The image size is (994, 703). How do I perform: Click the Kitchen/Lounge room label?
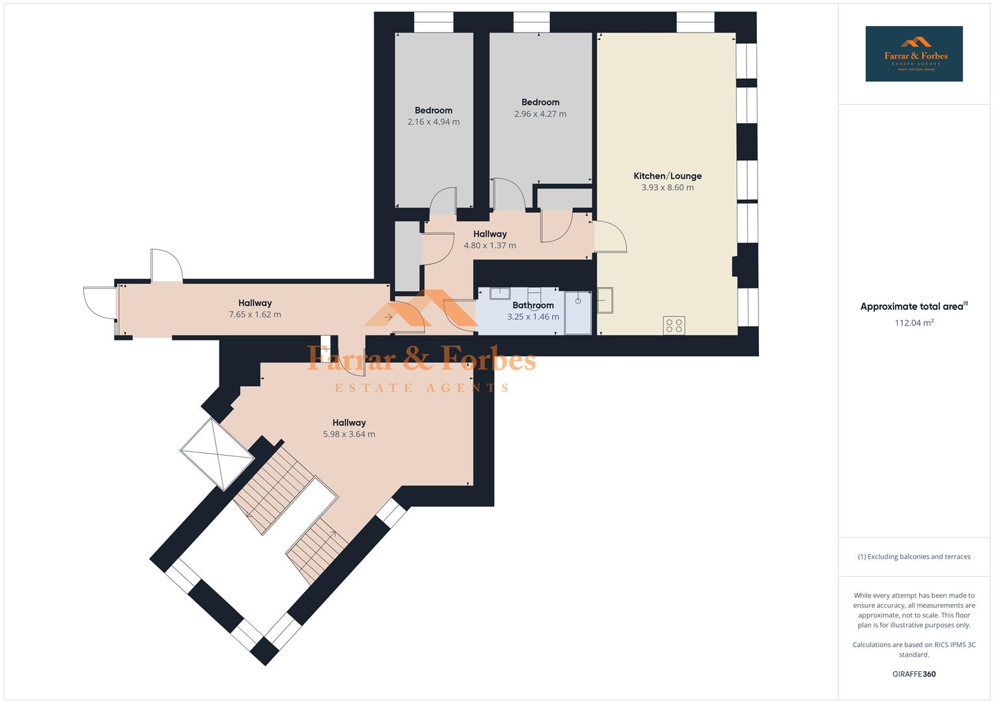pyautogui.click(x=667, y=176)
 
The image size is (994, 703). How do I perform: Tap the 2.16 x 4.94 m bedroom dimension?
pyautogui.click(x=434, y=122)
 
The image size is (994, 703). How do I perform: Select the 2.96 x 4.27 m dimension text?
pyautogui.click(x=540, y=114)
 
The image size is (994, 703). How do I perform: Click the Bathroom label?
pyautogui.click(x=533, y=305)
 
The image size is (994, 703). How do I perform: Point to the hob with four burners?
pyautogui.click(x=674, y=325)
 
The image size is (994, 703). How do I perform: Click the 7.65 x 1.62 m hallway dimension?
pyautogui.click(x=255, y=314)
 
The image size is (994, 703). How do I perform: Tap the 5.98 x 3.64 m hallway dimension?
pyautogui.click(x=349, y=434)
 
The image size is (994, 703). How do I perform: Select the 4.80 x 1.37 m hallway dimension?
pyautogui.click(x=490, y=245)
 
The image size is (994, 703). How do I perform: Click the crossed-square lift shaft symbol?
pyautogui.click(x=217, y=454)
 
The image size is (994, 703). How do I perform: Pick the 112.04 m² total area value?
pyautogui.click(x=914, y=322)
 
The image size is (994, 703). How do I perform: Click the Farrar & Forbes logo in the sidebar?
pyautogui.click(x=914, y=54)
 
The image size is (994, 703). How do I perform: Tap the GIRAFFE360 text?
pyautogui.click(x=914, y=674)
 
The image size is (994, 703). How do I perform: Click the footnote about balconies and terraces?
pyautogui.click(x=914, y=557)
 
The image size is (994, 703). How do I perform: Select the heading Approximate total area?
pyautogui.click(x=913, y=307)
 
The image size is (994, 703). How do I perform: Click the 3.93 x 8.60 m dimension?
pyautogui.click(x=667, y=187)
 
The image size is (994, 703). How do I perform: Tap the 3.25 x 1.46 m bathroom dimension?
pyautogui.click(x=533, y=317)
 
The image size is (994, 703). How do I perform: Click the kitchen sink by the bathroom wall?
pyautogui.click(x=605, y=299)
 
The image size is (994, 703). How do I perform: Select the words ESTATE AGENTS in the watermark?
pyautogui.click(x=421, y=388)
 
